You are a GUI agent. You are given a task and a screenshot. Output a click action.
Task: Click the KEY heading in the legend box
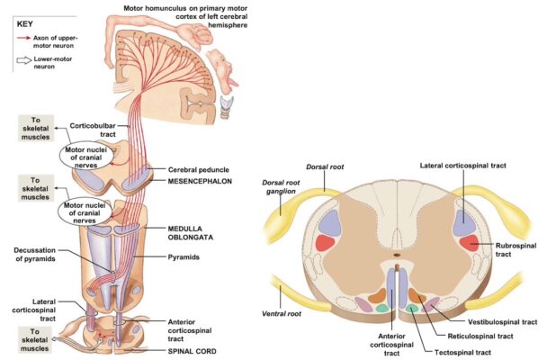[28, 24]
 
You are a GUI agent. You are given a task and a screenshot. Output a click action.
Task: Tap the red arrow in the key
[22, 41]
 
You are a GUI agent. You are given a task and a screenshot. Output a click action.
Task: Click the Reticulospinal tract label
[476, 335]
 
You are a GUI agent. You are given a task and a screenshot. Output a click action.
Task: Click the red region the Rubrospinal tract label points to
[468, 243]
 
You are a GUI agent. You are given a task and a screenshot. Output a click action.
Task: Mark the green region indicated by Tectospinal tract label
[413, 308]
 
